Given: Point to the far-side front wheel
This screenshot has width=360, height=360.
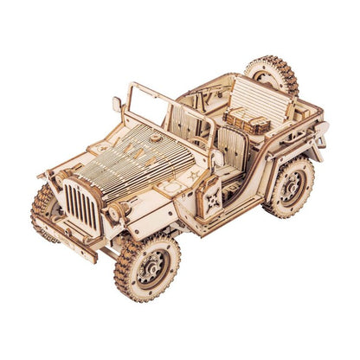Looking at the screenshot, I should [44, 208].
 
